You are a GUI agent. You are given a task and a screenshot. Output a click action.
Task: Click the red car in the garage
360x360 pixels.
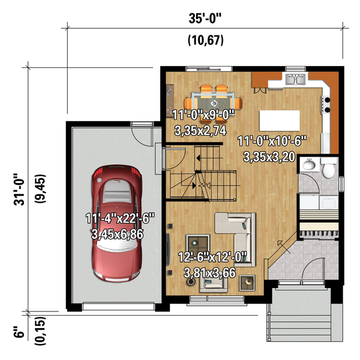tap(116, 223)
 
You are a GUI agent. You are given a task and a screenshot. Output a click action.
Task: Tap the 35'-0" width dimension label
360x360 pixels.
tap(205, 19)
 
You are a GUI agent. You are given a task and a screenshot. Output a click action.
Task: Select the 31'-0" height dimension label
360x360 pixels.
tap(19, 190)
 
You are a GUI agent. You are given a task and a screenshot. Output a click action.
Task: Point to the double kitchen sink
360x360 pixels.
tap(295, 79)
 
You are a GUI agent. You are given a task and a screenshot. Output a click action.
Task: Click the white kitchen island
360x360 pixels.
tap(280, 121)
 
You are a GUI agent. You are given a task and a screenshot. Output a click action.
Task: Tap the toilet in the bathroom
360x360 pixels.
tap(329, 167)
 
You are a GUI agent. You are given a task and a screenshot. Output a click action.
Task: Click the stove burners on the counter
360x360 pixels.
tap(326, 104)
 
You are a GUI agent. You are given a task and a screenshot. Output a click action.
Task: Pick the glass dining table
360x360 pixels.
tap(214, 103)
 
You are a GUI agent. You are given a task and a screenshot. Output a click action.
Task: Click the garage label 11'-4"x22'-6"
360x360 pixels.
tap(120, 218)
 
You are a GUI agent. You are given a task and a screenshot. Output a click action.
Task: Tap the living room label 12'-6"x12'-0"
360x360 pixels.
tap(212, 257)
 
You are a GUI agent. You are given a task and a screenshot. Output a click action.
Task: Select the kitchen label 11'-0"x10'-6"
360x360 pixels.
tap(272, 141)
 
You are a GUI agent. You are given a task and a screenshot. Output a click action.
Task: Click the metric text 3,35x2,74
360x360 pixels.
tap(200, 131)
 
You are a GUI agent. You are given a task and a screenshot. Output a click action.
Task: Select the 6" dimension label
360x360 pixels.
tap(19, 332)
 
